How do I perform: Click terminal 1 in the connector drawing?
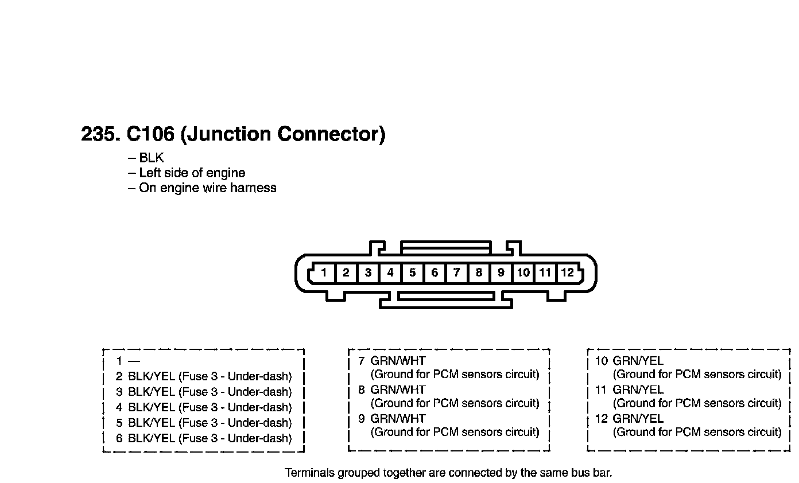click(x=324, y=272)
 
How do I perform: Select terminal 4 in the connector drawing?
click(x=390, y=272)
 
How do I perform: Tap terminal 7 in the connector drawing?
click(x=456, y=272)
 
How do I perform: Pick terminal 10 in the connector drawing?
click(x=523, y=272)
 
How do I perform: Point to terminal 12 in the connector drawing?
click(x=568, y=272)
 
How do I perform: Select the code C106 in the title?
click(x=150, y=134)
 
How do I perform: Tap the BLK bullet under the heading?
click(x=151, y=158)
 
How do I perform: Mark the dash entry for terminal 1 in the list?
click(x=134, y=361)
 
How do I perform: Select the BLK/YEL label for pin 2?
click(x=151, y=376)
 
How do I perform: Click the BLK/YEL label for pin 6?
click(x=151, y=438)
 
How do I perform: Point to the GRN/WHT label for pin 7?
click(x=398, y=361)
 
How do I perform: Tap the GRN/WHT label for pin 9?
click(x=398, y=419)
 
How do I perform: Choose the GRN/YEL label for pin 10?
click(x=638, y=361)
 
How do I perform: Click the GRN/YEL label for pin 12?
click(x=638, y=419)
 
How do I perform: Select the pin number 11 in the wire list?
click(x=600, y=390)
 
